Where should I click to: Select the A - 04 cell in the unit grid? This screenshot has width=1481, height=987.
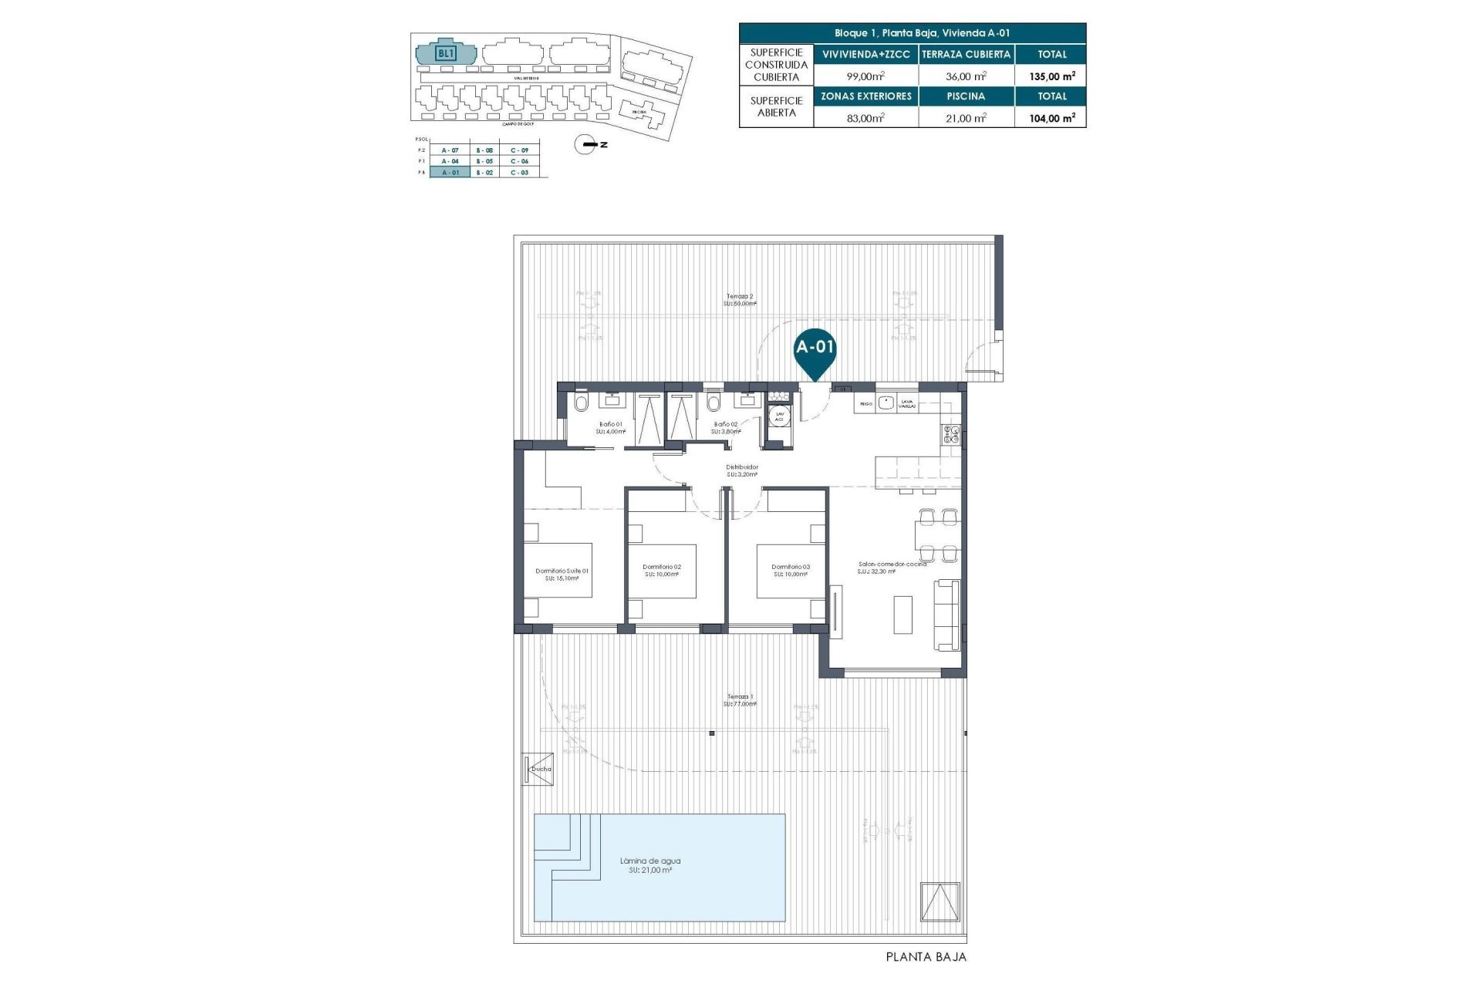[450, 161]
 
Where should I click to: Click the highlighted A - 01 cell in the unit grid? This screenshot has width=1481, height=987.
[450, 173]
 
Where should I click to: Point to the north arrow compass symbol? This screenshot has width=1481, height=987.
[589, 144]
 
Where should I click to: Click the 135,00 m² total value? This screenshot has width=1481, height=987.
[1052, 76]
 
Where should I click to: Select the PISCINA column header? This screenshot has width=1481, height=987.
[966, 96]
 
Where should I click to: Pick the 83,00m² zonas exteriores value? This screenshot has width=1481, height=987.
[865, 117]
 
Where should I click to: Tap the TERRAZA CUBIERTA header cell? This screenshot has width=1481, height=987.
[966, 55]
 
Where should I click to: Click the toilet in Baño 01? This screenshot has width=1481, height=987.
[582, 403]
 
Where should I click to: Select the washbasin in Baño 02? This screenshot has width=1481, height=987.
[747, 400]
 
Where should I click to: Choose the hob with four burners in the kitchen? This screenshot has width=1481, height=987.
[950, 435]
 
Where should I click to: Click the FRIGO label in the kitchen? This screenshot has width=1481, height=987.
[865, 404]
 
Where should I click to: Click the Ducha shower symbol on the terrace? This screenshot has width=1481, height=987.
[538, 769]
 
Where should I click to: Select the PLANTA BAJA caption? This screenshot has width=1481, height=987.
[926, 957]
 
